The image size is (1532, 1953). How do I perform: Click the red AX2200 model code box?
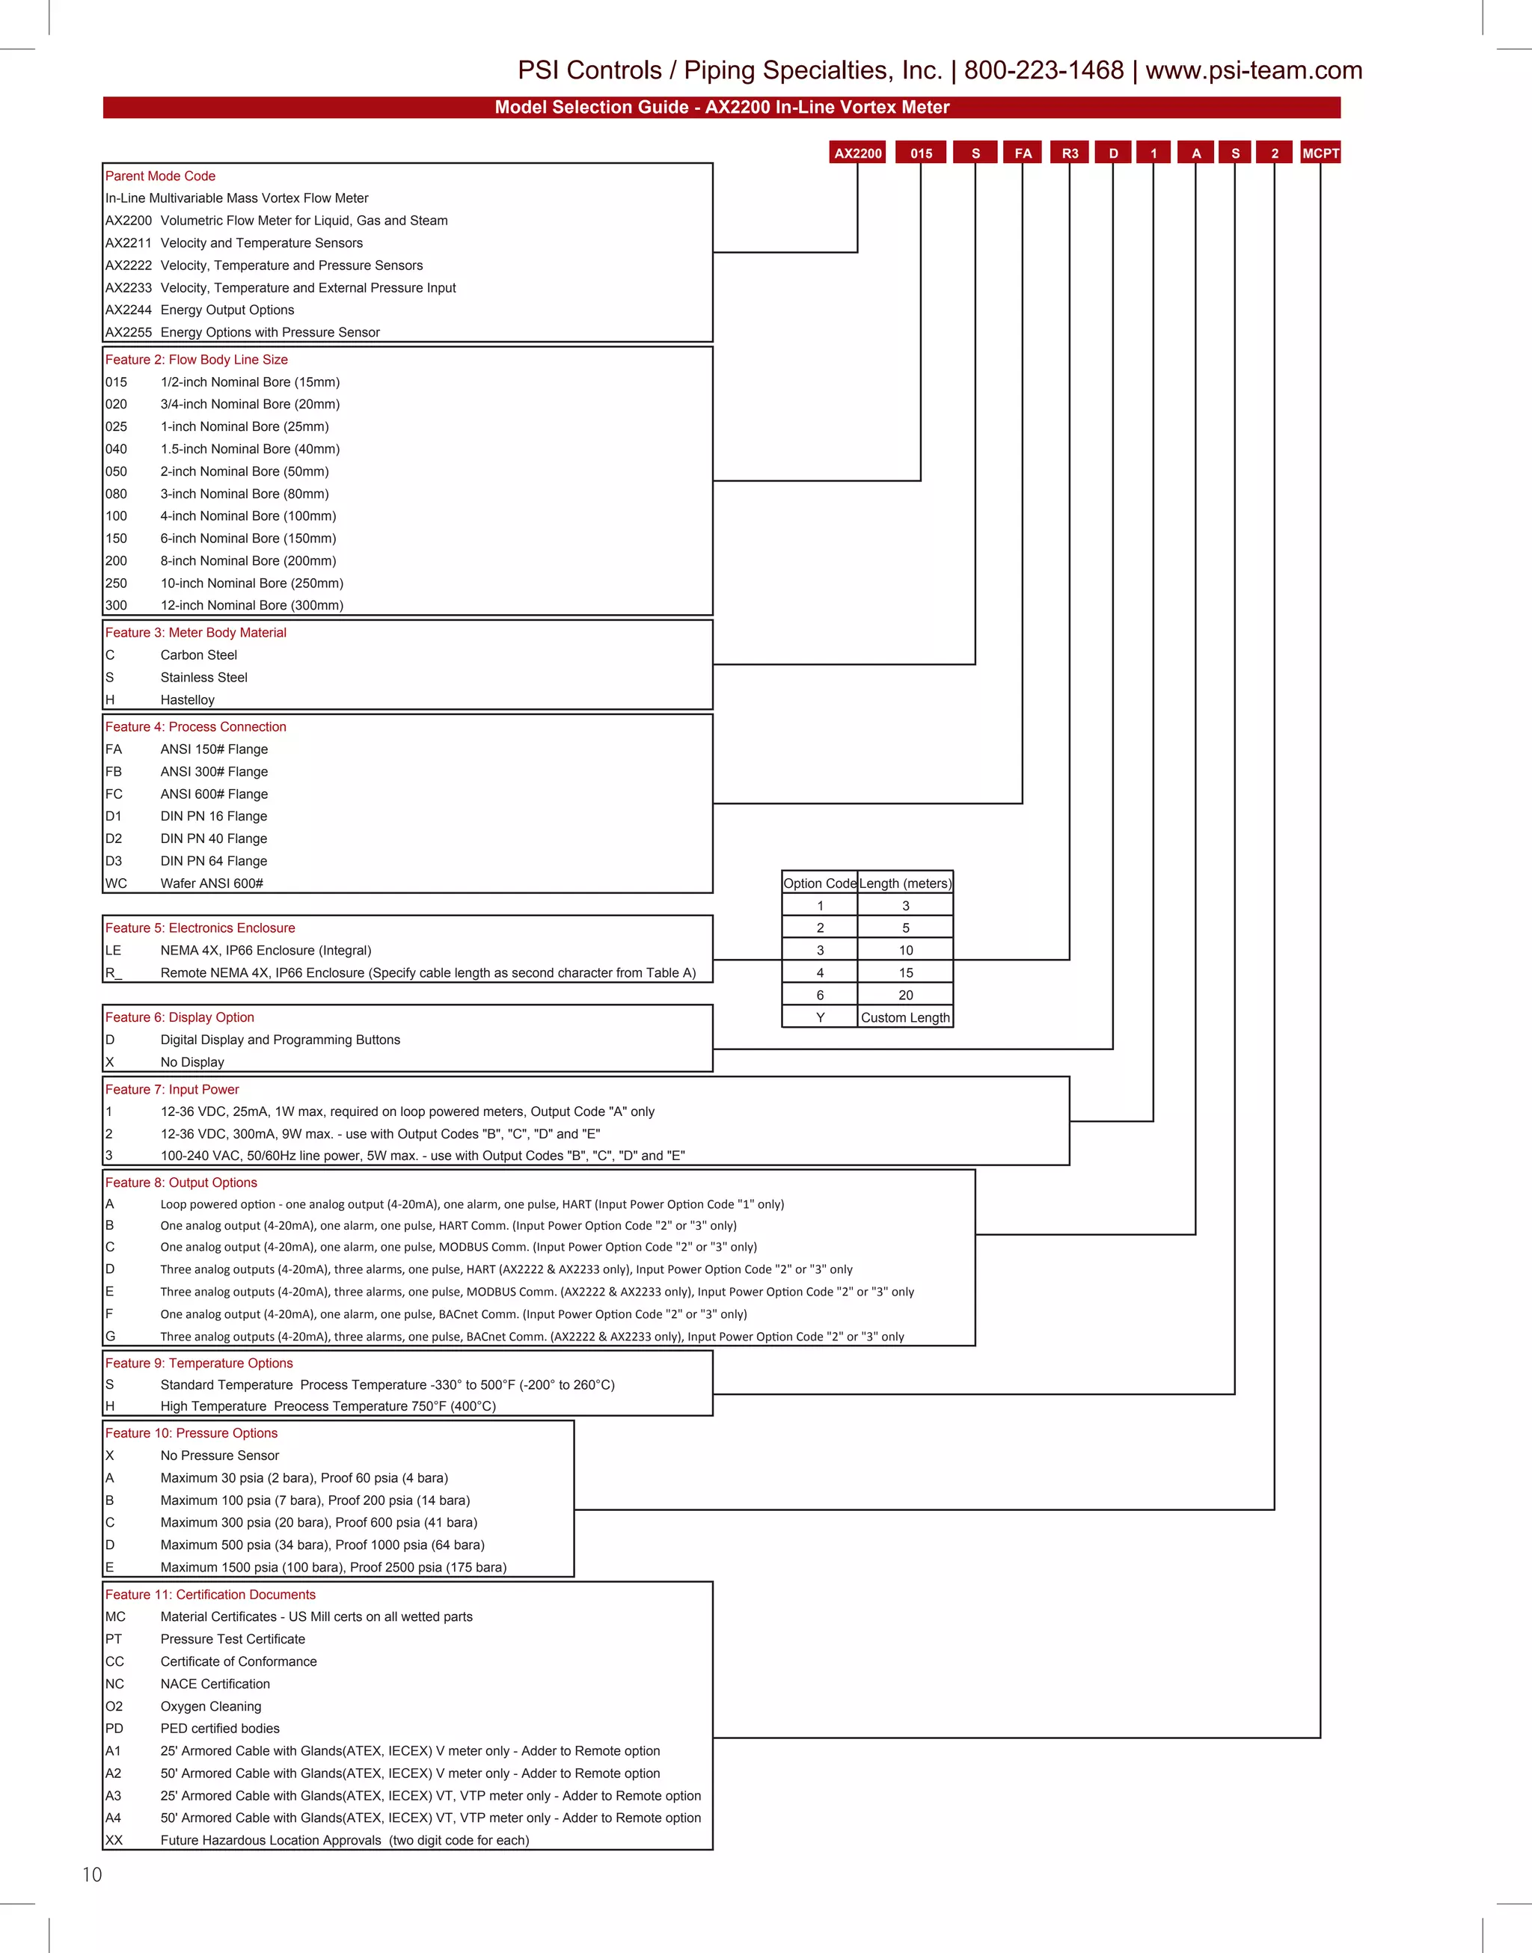pyautogui.click(x=857, y=153)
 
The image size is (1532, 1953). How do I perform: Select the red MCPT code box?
pyautogui.click(x=1320, y=153)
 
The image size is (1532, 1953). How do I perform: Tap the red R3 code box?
pyautogui.click(x=1069, y=153)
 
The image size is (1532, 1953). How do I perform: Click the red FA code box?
pyautogui.click(x=1023, y=153)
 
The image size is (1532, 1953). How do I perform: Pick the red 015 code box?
pyautogui.click(x=921, y=153)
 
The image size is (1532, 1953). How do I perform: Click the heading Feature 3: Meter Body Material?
pyautogui.click(x=195, y=633)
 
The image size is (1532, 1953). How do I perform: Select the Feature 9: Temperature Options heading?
pyautogui.click(x=198, y=1363)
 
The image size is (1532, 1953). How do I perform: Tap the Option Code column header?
pyautogui.click(x=820, y=883)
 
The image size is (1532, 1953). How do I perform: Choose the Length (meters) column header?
pyautogui.click(x=905, y=883)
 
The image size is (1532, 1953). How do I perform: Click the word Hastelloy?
pyautogui.click(x=188, y=700)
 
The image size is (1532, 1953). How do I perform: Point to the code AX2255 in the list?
pyautogui.click(x=128, y=333)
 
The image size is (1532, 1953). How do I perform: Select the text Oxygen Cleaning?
pyautogui.click(x=211, y=1706)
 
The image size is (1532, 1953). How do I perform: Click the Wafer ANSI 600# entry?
pyautogui.click(x=212, y=883)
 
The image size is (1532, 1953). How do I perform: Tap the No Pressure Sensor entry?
pyautogui.click(x=220, y=1456)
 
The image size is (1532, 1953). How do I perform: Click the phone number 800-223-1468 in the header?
pyautogui.click(x=1044, y=70)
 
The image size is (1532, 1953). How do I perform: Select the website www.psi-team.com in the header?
pyautogui.click(x=1253, y=70)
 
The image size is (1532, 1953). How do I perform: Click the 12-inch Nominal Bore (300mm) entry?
pyautogui.click(x=252, y=605)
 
